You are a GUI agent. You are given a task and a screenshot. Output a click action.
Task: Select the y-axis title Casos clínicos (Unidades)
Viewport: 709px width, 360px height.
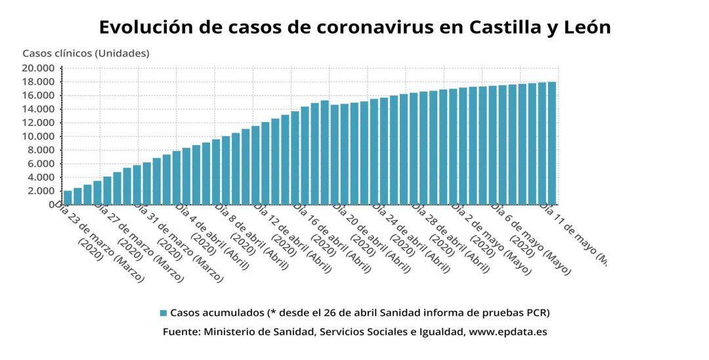(x=86, y=53)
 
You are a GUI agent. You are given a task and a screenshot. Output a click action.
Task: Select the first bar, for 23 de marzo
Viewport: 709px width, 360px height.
(x=68, y=197)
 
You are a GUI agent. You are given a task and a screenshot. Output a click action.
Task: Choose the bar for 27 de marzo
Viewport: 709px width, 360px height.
(x=107, y=190)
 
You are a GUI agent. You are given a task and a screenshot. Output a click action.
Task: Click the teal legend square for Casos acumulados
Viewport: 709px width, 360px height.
(x=163, y=313)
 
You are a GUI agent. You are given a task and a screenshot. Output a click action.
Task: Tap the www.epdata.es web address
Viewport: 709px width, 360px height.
(x=508, y=332)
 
